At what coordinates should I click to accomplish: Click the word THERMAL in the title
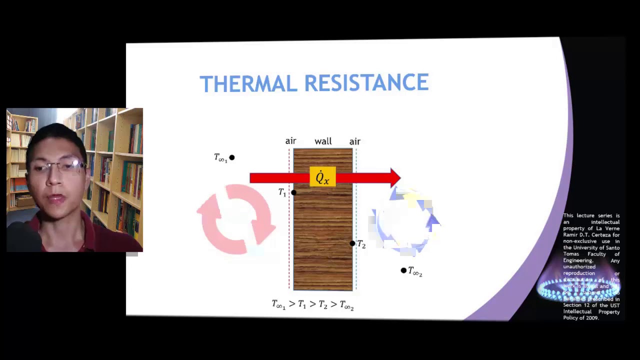(x=248, y=83)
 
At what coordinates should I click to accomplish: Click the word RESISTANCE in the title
(x=366, y=83)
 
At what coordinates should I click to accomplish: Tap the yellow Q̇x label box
(x=322, y=178)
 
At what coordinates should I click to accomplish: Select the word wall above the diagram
(x=323, y=141)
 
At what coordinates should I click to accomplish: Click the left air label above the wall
(x=290, y=141)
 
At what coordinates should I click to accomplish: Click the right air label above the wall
(x=354, y=141)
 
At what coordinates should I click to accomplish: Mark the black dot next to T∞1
(x=231, y=158)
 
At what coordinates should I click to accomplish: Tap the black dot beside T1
(x=293, y=192)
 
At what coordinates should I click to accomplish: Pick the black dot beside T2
(x=352, y=243)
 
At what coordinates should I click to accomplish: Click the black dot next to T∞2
(x=403, y=270)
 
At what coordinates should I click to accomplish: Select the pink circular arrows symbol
(x=236, y=219)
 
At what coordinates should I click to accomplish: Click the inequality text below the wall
(x=312, y=304)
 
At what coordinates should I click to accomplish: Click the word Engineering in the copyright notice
(x=578, y=260)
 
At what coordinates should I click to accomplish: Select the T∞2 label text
(x=415, y=271)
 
